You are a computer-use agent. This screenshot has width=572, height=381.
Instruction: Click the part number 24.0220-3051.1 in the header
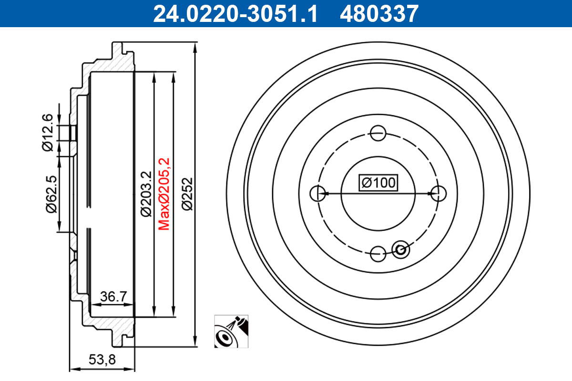[235, 14]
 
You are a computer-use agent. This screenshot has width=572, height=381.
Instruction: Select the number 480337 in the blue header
[379, 14]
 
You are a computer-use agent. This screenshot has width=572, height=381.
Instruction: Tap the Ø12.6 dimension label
[48, 132]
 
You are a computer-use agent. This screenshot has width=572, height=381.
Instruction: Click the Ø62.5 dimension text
[51, 194]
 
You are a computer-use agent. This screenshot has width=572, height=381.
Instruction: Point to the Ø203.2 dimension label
[146, 194]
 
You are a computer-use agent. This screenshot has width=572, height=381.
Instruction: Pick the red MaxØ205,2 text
[164, 194]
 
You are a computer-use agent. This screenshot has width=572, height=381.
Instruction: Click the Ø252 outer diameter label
[187, 194]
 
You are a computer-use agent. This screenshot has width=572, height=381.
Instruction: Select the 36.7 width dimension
[113, 297]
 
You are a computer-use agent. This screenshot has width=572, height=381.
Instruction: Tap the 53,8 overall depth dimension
[102, 360]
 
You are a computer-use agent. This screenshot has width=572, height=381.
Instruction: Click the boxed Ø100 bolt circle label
[378, 183]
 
